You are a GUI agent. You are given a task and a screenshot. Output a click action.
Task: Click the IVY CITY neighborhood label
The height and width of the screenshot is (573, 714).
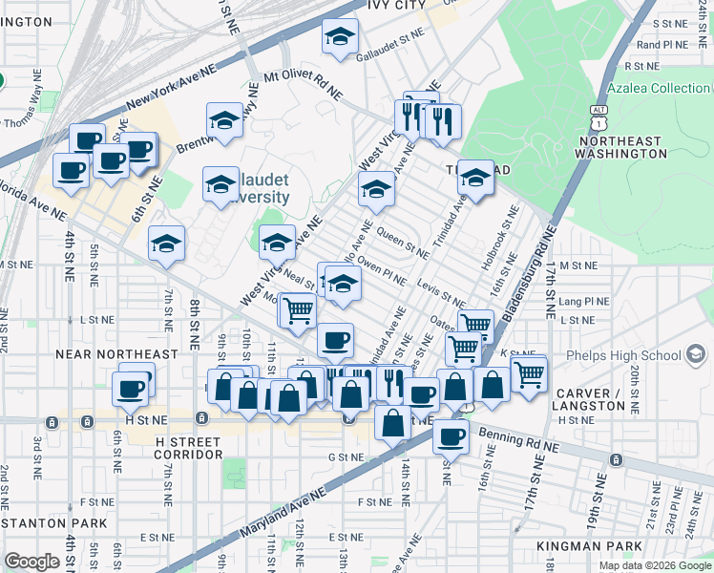coord(394,6)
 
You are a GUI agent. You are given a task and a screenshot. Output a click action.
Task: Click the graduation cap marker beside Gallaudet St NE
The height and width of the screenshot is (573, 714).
coord(338,37)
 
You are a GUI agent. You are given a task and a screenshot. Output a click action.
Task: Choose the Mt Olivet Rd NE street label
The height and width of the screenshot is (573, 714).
coord(304,84)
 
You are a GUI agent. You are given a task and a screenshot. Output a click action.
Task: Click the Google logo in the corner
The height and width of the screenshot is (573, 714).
coord(31,561)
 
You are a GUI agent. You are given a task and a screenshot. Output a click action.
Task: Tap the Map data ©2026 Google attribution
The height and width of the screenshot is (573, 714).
coord(656,565)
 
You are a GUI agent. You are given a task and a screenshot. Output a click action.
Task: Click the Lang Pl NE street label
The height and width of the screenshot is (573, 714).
coord(584,301)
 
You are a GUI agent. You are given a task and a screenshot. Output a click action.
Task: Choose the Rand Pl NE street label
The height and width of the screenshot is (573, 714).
coord(661,44)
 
